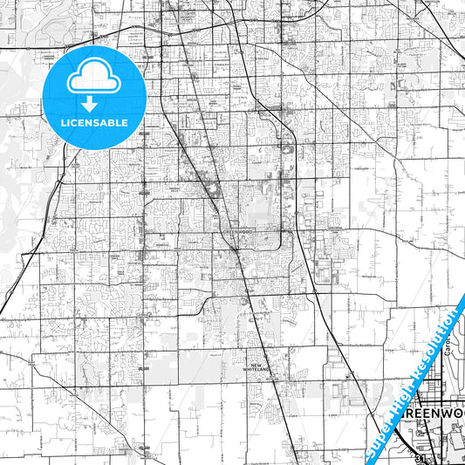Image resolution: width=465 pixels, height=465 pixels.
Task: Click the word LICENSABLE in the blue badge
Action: click(94, 122)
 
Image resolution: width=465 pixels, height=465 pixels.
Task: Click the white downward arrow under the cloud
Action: click(90, 103)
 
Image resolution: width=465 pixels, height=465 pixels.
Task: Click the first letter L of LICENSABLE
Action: click(64, 122)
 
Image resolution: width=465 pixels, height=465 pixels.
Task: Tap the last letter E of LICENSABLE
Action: click(125, 122)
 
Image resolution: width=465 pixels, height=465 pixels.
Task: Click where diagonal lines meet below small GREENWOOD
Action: click(236, 251)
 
